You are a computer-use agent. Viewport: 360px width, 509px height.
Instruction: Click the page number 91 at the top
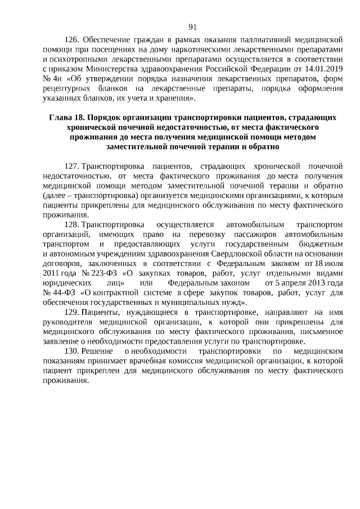coord(192,27)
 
